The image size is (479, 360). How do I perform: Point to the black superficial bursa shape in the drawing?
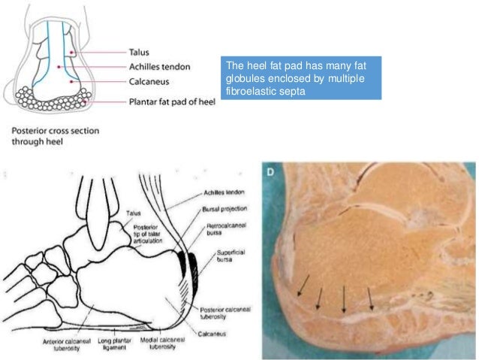[194, 264]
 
